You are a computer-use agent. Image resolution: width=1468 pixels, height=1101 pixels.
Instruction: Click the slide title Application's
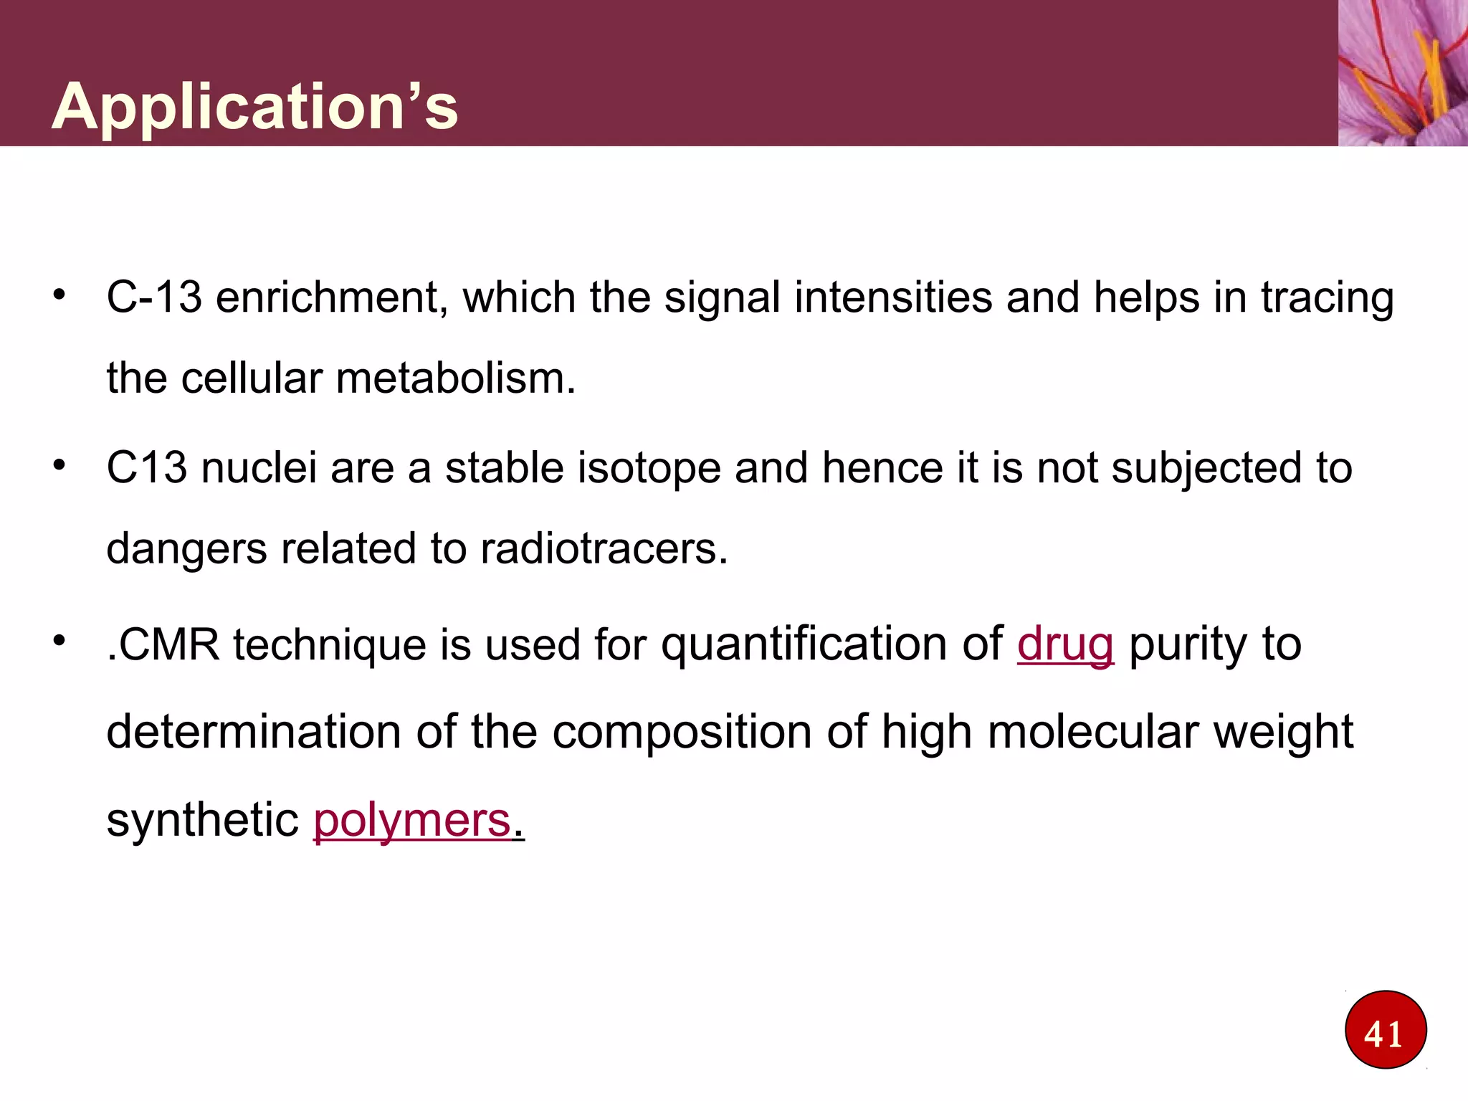tap(254, 106)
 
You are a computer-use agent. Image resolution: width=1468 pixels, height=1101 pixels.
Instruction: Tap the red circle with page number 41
tap(1385, 1030)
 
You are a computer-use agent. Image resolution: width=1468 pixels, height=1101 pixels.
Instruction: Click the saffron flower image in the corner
tap(1403, 72)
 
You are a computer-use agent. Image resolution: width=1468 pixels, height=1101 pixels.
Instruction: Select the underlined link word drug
tap(1065, 644)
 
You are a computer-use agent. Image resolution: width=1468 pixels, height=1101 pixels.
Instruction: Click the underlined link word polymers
tap(412, 820)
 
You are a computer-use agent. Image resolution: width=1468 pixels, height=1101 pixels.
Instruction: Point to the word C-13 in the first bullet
tap(154, 297)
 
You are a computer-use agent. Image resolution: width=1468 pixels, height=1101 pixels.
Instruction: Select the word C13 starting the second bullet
tap(146, 468)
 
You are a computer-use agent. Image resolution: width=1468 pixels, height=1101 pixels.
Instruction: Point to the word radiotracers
tap(604, 549)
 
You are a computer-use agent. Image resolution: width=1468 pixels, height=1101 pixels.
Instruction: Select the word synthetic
tap(202, 820)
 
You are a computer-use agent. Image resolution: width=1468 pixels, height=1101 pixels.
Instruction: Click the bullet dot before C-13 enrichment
tap(59, 295)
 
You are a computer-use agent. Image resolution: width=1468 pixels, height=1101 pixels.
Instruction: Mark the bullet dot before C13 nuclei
tap(59, 465)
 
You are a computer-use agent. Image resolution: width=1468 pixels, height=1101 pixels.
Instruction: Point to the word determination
tap(253, 732)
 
